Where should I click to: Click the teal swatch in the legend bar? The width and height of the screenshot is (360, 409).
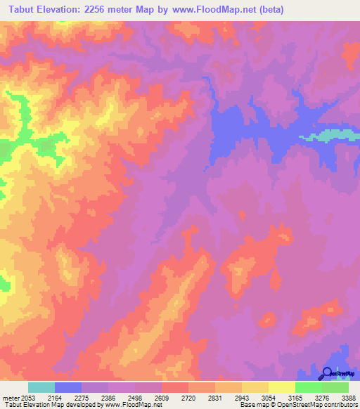click(41, 388)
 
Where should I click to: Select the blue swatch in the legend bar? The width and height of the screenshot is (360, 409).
click(68, 388)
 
